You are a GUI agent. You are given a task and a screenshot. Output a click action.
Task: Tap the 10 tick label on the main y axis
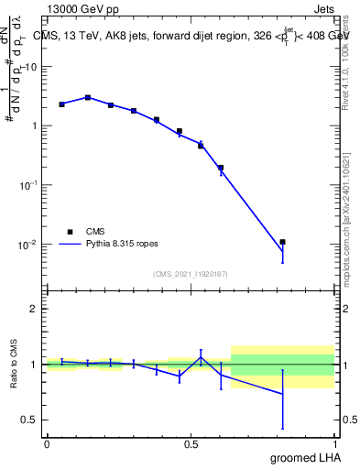click(31, 66)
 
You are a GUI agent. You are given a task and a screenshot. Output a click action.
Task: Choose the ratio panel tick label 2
click(34, 309)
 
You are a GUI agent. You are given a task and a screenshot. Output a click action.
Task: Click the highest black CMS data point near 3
click(88, 97)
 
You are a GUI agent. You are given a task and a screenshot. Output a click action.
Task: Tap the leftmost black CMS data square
click(61, 104)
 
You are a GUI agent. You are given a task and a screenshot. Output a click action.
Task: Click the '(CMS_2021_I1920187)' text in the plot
click(191, 273)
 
